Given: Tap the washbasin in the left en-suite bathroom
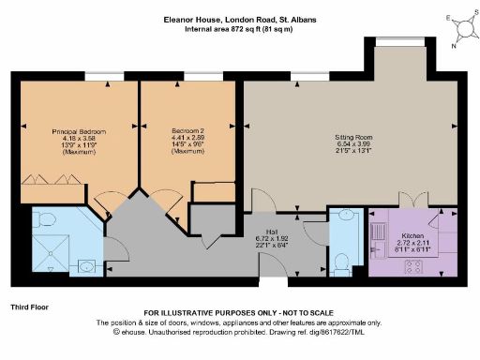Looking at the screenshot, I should point(86,266).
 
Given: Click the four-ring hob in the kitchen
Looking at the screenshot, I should point(413,264).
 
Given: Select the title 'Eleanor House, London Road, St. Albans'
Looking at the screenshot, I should point(240,18).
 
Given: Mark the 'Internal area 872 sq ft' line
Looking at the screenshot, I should point(240,29).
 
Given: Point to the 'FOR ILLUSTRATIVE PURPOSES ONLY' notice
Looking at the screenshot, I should point(240,312).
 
